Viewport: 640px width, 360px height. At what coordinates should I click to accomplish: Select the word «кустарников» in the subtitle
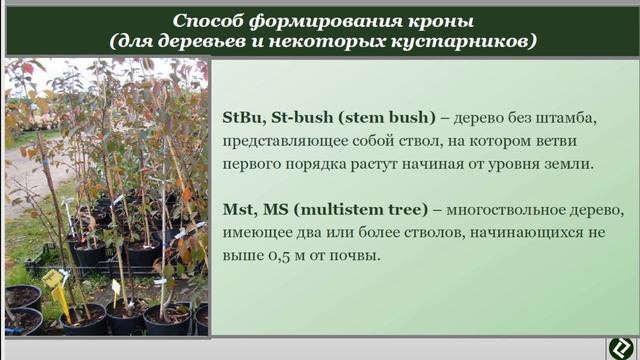point(469,42)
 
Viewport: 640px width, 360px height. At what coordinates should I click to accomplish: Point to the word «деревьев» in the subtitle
point(215,42)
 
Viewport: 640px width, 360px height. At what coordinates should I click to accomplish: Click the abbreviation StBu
point(245,118)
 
